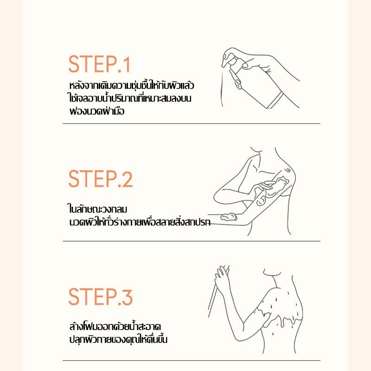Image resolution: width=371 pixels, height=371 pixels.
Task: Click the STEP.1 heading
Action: click(99, 64)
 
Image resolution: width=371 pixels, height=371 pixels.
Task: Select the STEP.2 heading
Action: click(100, 179)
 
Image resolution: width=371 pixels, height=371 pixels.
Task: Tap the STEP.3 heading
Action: click(100, 296)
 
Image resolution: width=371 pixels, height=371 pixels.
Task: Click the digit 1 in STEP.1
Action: click(127, 64)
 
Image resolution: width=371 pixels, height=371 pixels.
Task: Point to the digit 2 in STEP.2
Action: click(127, 179)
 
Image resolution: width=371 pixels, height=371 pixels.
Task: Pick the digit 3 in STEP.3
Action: click(127, 296)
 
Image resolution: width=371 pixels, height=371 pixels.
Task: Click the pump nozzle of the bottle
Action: click(224, 62)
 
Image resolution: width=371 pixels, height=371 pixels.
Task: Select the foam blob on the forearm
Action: click(229, 217)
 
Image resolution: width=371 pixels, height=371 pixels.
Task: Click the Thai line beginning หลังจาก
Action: click(132, 85)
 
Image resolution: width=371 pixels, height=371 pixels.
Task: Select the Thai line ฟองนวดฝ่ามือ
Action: click(97, 111)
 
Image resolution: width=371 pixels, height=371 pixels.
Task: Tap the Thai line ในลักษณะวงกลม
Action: click(97, 209)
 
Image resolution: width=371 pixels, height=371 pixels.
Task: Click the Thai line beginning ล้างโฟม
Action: click(115, 326)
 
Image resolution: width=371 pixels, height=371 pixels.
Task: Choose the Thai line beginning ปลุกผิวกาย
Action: click(118, 339)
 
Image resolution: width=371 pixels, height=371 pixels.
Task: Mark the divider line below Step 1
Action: click(192, 123)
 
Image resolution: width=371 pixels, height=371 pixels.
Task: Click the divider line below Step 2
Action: click(192, 241)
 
